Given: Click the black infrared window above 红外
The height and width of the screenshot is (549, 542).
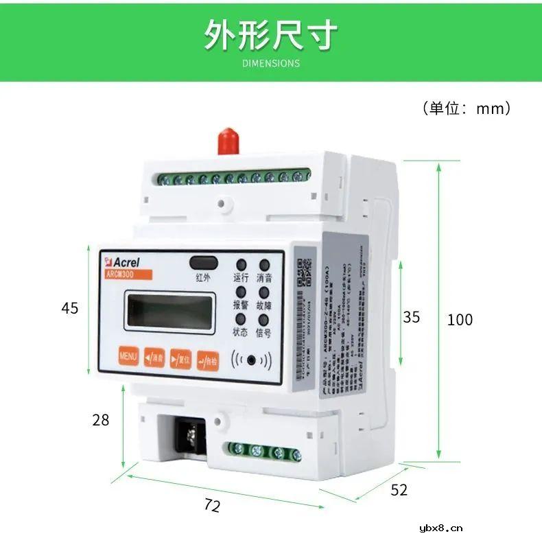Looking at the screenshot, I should [x=202, y=262].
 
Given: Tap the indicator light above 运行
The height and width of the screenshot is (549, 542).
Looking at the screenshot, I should [x=241, y=264].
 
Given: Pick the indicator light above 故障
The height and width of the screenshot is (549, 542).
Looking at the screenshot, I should [x=263, y=292].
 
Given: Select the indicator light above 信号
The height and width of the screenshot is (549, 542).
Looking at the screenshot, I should [x=262, y=319].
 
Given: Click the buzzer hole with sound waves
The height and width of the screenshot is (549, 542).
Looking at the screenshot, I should [x=253, y=360].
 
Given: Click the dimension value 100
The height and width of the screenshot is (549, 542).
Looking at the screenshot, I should [x=460, y=319].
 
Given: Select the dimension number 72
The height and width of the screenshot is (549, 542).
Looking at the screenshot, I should [x=213, y=506].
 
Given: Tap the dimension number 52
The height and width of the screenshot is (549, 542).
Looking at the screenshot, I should [x=399, y=490].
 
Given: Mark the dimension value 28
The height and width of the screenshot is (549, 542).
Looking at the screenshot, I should [x=101, y=420].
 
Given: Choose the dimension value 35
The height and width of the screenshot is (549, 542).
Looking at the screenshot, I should [x=411, y=317].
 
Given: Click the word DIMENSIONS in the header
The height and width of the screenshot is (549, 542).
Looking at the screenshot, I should [x=271, y=63].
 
